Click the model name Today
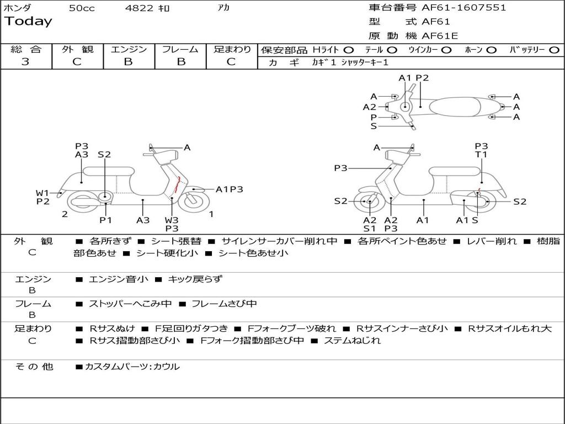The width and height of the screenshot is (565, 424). click(28, 22)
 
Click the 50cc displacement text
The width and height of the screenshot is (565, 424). click(81, 8)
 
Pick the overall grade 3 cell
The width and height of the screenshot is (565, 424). click(25, 62)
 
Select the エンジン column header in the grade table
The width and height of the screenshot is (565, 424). click(129, 50)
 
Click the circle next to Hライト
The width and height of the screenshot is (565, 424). click(349, 50)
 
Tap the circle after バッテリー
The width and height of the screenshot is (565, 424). click(554, 50)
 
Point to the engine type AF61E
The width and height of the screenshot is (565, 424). click(440, 36)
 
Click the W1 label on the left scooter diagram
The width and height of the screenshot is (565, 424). click(42, 193)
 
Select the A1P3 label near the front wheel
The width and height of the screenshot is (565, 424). click(229, 189)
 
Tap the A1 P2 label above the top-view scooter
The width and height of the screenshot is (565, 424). click(413, 78)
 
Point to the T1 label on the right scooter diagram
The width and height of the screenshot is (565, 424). click(481, 155)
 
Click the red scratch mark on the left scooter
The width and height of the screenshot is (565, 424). click(176, 185)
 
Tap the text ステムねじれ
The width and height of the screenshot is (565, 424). click(351, 341)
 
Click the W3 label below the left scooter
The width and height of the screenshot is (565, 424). click(172, 220)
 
